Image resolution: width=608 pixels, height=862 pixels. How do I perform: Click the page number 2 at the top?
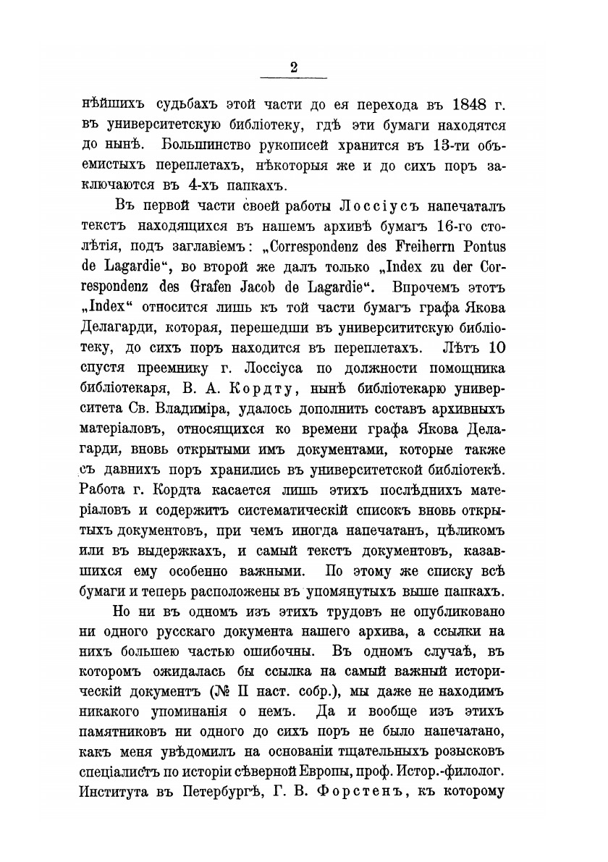(x=294, y=67)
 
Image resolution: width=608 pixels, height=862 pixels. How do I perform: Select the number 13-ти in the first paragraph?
(x=403, y=143)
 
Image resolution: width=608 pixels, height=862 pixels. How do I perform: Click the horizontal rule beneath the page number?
(x=294, y=78)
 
